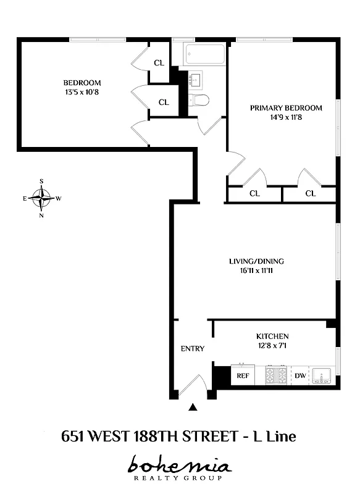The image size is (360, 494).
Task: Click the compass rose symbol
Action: (41, 198)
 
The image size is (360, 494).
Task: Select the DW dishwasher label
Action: (300, 375)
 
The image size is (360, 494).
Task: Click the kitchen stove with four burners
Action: (276, 374)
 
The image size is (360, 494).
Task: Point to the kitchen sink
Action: (322, 375)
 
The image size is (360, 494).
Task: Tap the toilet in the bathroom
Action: (200, 100)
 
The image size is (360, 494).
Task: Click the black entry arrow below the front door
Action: (193, 407)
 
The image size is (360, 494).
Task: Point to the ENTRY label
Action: (192, 348)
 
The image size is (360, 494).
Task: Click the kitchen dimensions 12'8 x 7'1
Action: (272, 346)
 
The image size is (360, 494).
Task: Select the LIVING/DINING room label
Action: (256, 261)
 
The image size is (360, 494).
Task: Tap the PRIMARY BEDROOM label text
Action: (286, 108)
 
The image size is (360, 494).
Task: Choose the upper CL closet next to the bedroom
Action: (159, 62)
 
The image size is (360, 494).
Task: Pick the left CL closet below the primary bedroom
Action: (254, 193)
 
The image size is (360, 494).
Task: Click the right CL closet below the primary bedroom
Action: (310, 193)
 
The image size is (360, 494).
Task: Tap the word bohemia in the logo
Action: (180, 465)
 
